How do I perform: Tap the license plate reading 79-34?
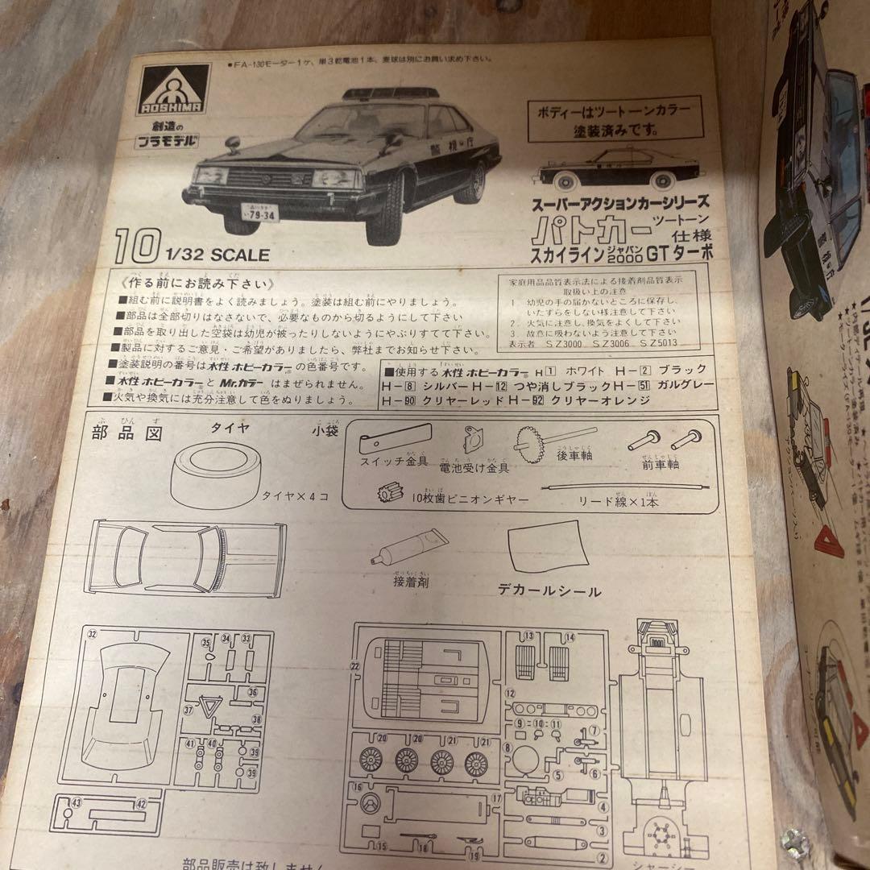259,214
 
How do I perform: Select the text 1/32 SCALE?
217,255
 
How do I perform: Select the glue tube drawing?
406,548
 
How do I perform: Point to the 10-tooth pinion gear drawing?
391,491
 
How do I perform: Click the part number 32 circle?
93,634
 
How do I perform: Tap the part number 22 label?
354,666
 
